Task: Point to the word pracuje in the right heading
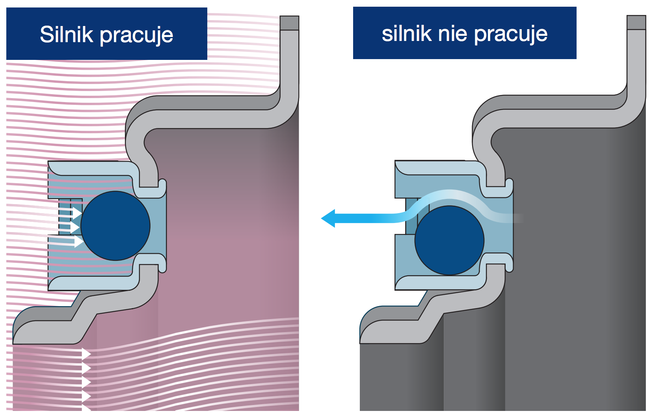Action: pos(511,35)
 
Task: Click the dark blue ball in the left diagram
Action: pos(115,226)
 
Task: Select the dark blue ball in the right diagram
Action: pos(449,240)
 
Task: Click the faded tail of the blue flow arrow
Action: pos(512,218)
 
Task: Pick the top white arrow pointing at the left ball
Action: pos(77,213)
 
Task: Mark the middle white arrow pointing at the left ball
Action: pos(75,227)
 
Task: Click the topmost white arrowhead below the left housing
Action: pos(86,354)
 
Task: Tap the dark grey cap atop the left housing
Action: pos(289,23)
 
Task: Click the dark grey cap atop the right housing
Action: pos(636,22)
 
